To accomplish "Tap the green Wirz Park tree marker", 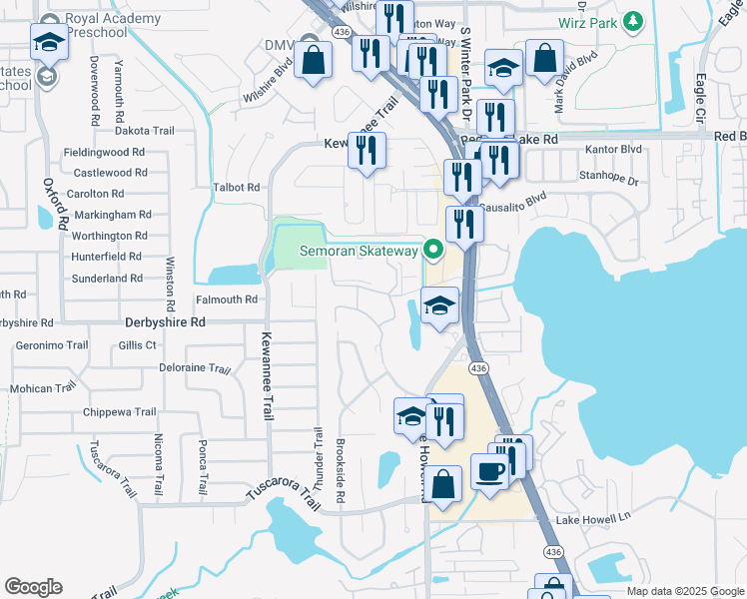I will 631,20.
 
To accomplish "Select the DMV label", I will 277,45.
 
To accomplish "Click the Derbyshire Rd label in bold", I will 165,322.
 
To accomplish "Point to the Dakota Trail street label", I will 146,130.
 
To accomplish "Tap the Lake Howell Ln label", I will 594,518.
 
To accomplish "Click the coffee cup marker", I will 489,470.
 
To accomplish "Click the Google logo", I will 33,587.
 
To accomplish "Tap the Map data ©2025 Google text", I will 684,591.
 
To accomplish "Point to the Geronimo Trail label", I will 52,345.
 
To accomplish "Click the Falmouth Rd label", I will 227,299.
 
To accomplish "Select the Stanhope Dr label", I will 608,176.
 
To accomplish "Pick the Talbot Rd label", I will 236,187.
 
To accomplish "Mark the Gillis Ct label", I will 138,345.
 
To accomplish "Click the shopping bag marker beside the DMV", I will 314,60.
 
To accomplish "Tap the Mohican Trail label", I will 44,388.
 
